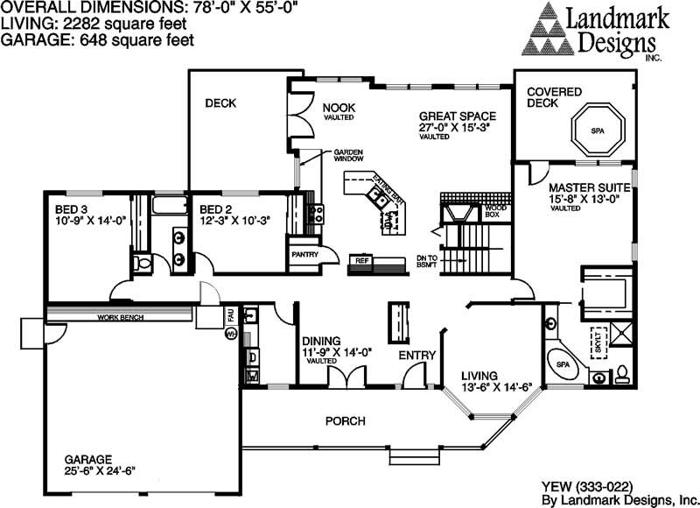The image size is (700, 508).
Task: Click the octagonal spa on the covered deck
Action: click(x=598, y=131)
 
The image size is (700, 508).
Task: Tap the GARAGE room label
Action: click(x=87, y=458)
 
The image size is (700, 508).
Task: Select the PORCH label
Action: click(x=345, y=421)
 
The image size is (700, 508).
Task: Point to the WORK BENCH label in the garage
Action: click(x=120, y=317)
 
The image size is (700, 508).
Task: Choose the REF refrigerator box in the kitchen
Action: click(x=360, y=260)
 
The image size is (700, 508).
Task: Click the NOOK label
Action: click(x=338, y=108)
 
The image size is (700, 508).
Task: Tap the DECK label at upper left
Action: click(x=220, y=103)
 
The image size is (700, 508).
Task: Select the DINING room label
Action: click(x=320, y=342)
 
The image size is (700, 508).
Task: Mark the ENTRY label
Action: click(x=416, y=355)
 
